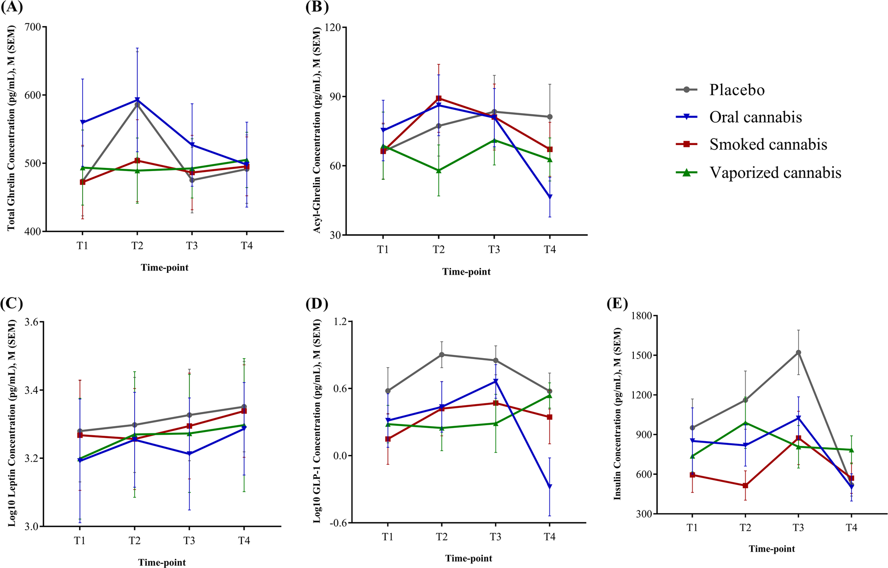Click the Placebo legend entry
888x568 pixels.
click(x=737, y=90)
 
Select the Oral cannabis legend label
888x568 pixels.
click(x=755, y=117)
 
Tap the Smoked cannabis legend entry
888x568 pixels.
click(x=768, y=145)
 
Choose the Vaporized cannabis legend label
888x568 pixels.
click(x=775, y=172)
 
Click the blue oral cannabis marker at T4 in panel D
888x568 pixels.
click(x=550, y=487)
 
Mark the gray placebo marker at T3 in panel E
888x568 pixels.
click(x=798, y=353)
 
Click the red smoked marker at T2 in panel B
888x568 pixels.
click(x=439, y=98)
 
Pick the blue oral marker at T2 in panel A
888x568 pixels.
click(x=137, y=100)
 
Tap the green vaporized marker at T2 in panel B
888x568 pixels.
click(x=439, y=171)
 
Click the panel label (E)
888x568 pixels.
click(x=617, y=303)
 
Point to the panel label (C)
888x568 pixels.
click(x=12, y=303)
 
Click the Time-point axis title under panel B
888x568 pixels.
click(x=466, y=272)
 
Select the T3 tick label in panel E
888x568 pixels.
click(x=798, y=528)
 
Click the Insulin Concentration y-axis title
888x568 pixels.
click(x=617, y=414)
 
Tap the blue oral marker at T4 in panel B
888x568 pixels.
click(x=550, y=197)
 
